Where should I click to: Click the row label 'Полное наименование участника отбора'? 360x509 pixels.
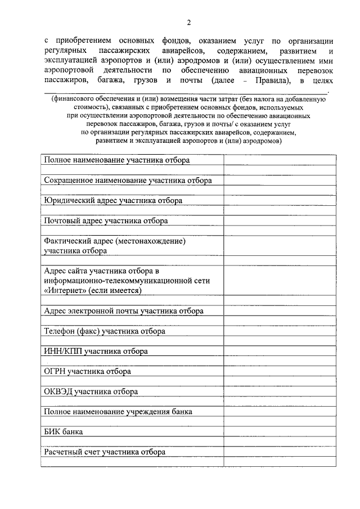[117, 160]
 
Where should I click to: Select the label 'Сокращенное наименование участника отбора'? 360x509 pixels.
[128, 181]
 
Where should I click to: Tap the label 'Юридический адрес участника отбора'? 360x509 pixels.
[113, 200]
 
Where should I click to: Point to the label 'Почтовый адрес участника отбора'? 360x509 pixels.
[106, 221]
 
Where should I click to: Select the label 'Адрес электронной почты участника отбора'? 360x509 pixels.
[124, 310]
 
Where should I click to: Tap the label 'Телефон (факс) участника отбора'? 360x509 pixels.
[105, 331]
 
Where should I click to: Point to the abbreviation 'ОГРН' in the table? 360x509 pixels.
[55, 372]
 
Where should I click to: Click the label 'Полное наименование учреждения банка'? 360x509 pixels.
[118, 412]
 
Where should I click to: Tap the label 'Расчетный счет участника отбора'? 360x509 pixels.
[105, 452]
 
